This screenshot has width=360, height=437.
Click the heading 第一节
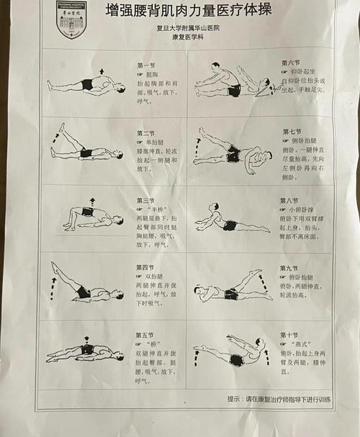pyautogui.click(x=145, y=66)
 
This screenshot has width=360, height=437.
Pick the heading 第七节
pyautogui.click(x=292, y=132)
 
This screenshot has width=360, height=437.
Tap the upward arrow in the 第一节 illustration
pyautogui.click(x=102, y=71)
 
